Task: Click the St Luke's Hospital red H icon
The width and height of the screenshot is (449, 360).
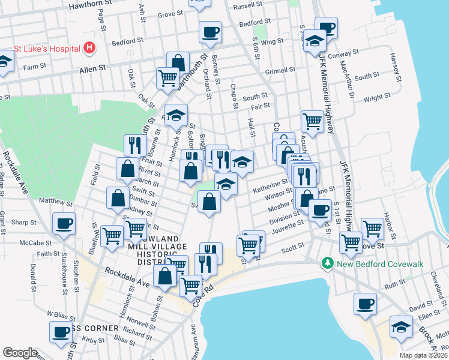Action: [89, 47]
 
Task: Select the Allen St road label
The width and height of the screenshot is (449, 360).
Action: [92, 70]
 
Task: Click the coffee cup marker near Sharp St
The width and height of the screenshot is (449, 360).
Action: [64, 224]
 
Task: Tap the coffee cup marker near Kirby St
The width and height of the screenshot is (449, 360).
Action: [61, 331]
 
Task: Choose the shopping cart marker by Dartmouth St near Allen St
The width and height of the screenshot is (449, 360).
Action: [168, 77]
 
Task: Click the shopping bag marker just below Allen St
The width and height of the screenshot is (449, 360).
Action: [179, 62]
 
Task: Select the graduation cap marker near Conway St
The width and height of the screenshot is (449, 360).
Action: [314, 41]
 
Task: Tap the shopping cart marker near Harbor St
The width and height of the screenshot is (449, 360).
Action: [372, 228]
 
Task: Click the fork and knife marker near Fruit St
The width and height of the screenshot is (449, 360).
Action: [135, 145]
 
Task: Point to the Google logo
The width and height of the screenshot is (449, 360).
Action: [20, 353]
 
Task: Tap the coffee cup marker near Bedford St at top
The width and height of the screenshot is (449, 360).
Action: [210, 32]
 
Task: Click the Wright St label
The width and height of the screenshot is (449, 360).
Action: [377, 96]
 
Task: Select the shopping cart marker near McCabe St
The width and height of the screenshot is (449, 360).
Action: [112, 236]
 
